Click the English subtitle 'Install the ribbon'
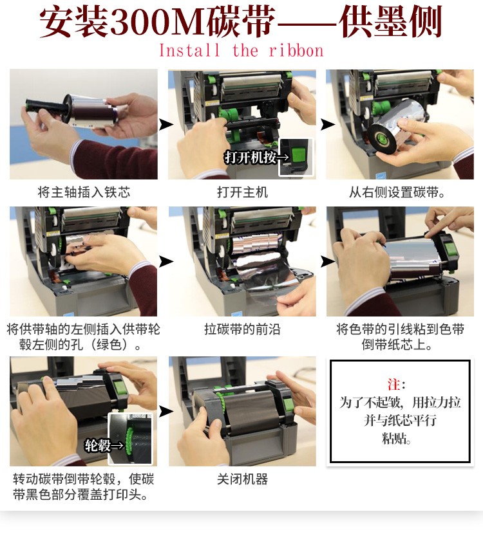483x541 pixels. pos(241,51)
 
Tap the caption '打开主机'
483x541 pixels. pos(242,192)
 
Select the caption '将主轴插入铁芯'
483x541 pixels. pos(84,192)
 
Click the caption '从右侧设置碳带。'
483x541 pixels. pos(397,192)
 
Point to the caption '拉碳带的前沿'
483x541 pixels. pos(242,329)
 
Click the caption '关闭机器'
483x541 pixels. pos(242,479)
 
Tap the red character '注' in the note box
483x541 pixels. pos(393,384)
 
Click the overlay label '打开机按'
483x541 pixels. pos(251,158)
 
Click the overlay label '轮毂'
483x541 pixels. pos(97,445)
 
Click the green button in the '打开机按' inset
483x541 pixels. pos(298,155)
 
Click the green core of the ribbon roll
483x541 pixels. pos(381,139)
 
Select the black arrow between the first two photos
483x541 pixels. pos(166,124)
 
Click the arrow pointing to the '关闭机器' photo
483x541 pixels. pos(166,411)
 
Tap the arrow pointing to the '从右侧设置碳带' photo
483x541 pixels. pos(327,124)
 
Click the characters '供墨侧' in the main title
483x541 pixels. pos(390,22)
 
